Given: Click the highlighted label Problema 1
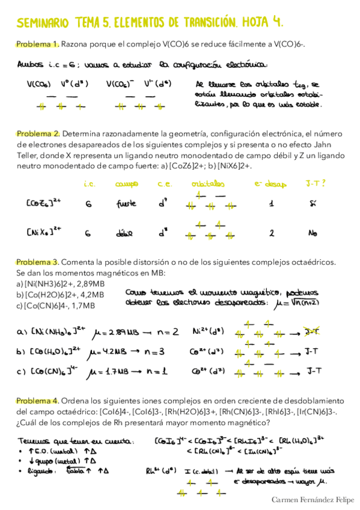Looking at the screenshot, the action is (x=37, y=44).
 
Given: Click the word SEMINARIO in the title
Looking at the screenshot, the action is (x=43, y=23).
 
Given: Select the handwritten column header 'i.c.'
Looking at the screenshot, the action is (x=90, y=183).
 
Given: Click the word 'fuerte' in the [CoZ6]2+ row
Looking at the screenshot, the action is (x=127, y=204).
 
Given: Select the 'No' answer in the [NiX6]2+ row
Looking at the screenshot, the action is (x=313, y=233).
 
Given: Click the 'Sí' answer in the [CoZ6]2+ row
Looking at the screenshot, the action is (x=313, y=204).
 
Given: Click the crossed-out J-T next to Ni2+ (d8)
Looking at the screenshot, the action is (x=313, y=331).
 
